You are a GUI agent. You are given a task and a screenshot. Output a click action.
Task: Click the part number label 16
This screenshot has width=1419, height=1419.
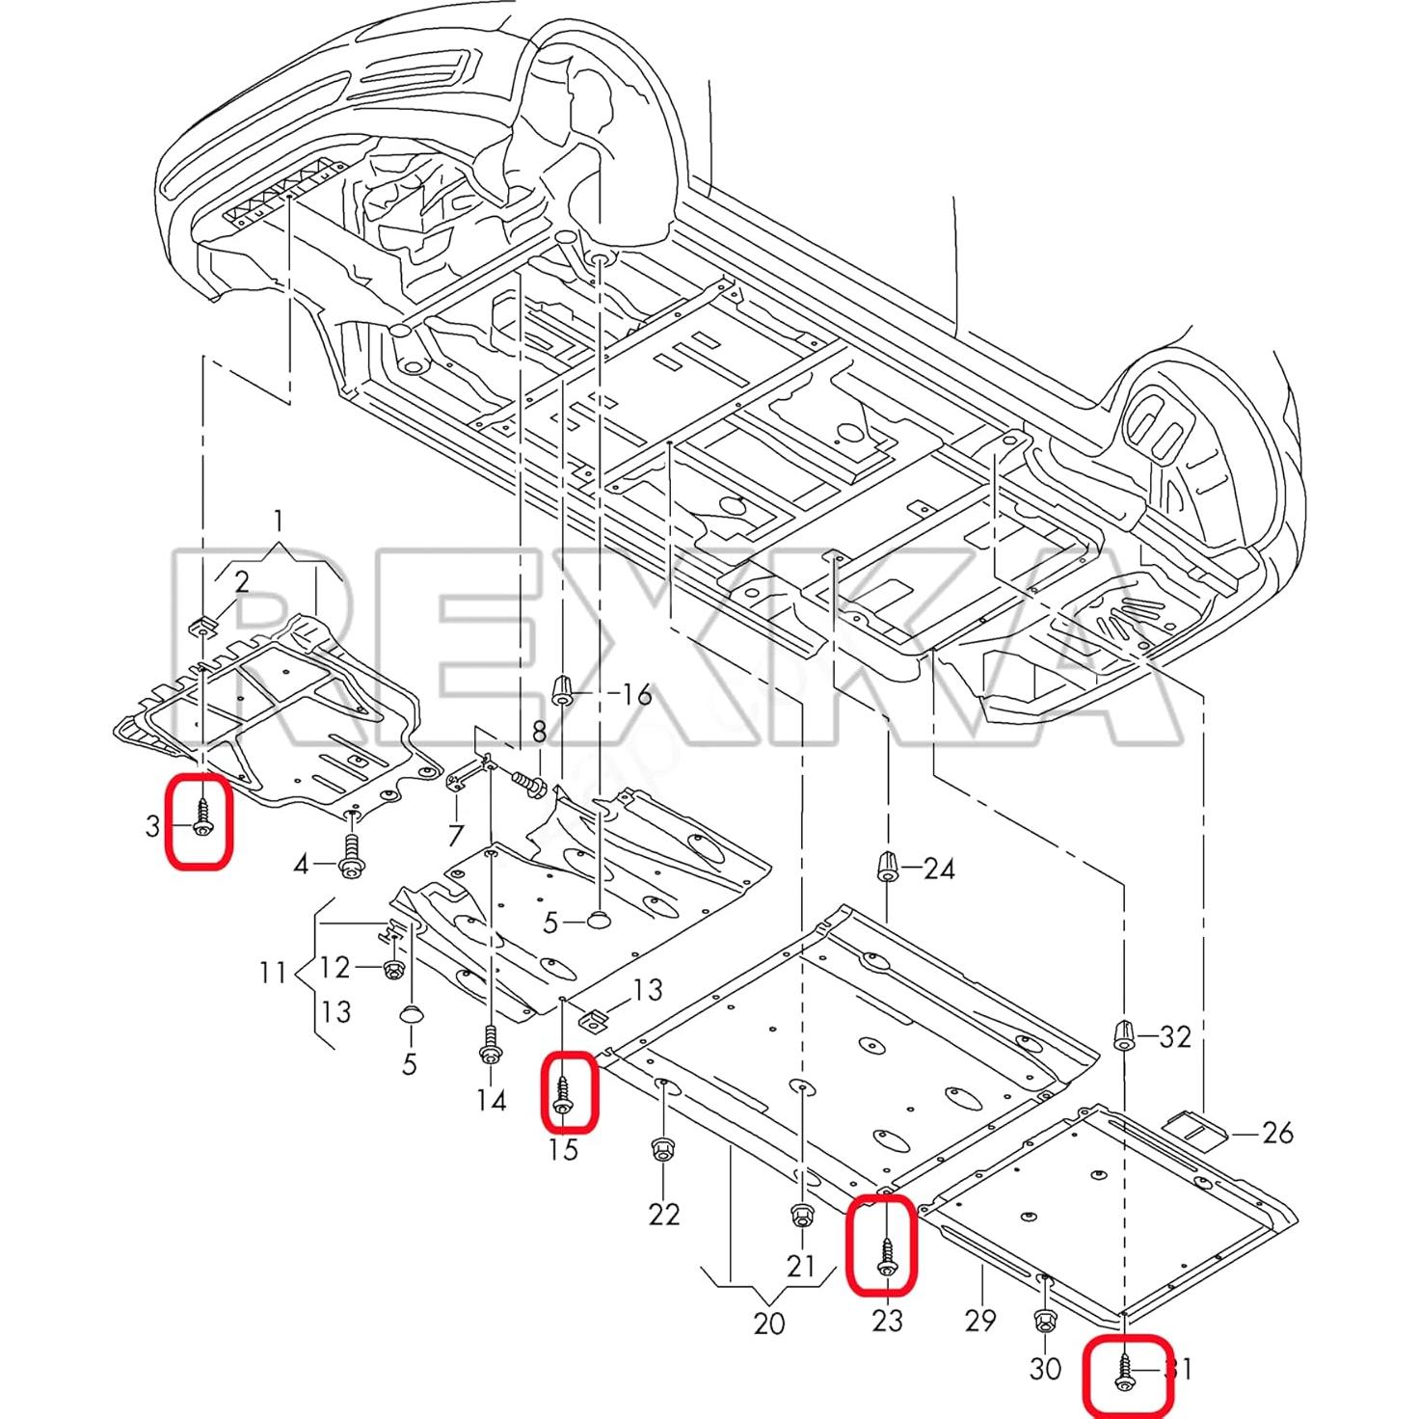click(636, 694)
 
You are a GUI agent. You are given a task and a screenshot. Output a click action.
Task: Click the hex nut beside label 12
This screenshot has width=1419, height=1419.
click(392, 968)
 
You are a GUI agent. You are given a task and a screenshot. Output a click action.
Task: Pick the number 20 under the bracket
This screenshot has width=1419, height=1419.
click(768, 1324)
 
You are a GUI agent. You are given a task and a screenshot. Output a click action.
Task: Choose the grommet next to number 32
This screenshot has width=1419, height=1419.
click(1124, 1035)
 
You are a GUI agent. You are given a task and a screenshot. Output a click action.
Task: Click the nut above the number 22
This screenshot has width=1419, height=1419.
click(662, 1148)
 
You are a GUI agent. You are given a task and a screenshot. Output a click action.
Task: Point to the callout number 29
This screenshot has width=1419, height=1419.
click(979, 1320)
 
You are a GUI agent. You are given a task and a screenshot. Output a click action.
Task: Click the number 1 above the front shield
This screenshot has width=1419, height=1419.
click(279, 522)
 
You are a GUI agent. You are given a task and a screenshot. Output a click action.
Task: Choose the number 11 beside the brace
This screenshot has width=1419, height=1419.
click(273, 973)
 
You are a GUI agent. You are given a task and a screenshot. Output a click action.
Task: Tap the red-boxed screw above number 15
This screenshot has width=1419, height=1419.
click(565, 1094)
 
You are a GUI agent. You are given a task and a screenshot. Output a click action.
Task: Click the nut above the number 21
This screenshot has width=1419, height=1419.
click(800, 1215)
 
